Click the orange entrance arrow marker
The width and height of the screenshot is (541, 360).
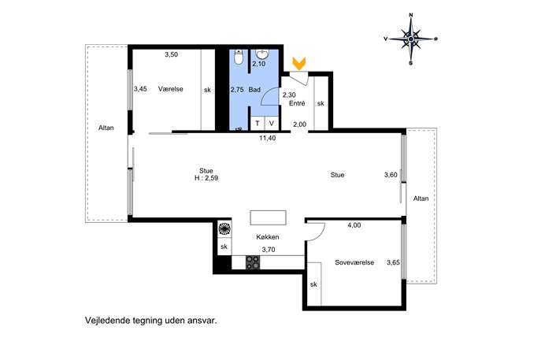pos(298,63)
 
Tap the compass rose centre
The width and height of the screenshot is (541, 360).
pos(411,39)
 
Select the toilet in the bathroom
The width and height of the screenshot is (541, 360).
pos(239,58)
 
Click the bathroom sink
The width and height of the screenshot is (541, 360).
pos(262,54)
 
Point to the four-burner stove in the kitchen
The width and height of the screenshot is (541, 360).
pos(253,262)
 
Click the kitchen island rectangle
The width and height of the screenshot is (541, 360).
pos(268,217)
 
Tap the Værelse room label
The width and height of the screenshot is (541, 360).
pos(170,89)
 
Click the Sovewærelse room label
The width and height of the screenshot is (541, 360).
pos(354,262)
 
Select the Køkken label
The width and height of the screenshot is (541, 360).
pos(268,237)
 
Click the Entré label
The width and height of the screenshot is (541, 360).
pos(297,103)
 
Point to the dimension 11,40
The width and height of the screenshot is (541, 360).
pos(268,138)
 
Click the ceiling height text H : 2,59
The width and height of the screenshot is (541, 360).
pos(206,179)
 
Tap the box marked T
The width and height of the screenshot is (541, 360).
pos(258,123)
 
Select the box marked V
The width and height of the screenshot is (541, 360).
pos(272,123)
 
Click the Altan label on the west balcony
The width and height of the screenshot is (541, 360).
pos(106,128)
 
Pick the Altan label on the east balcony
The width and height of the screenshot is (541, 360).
pos(421,199)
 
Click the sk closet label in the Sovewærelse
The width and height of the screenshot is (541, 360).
pos(313,284)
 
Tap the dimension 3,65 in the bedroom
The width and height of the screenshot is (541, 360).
pos(393,262)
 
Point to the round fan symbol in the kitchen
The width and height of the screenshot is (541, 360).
pos(224,228)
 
